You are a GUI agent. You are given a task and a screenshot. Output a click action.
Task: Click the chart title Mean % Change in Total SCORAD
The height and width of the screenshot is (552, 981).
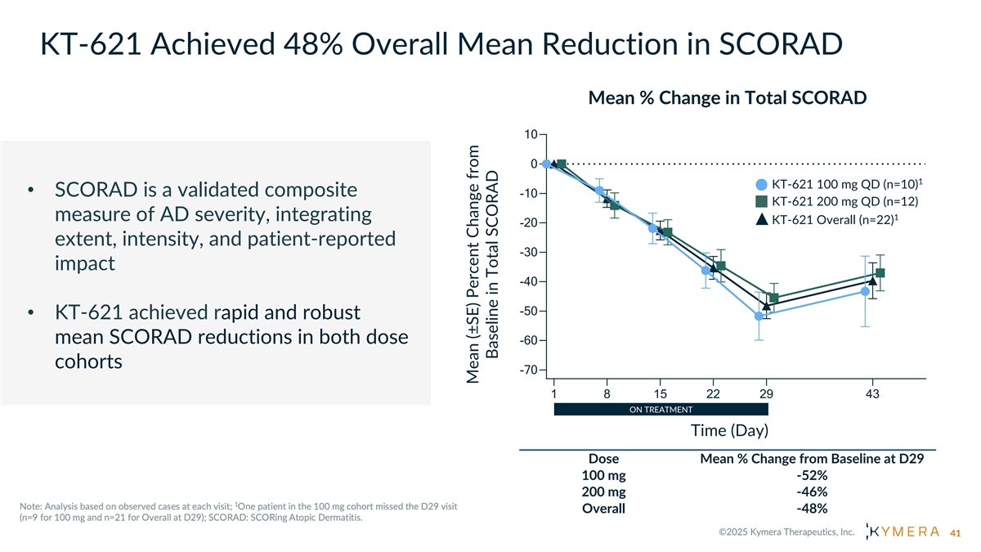pos(727,98)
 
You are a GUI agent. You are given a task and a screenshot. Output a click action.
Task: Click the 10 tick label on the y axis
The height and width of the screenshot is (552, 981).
pos(530,135)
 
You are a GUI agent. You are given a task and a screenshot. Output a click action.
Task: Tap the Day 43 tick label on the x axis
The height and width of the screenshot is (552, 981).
pos(872,393)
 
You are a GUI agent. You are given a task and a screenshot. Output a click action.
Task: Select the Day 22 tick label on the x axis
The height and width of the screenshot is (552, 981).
pos(713,393)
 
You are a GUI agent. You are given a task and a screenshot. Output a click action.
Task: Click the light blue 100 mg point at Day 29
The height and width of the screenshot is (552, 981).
pos(759,316)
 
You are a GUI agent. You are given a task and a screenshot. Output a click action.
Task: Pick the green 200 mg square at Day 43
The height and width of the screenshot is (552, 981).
pos(880,273)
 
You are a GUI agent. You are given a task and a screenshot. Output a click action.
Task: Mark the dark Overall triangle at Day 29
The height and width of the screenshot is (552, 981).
pos(766,306)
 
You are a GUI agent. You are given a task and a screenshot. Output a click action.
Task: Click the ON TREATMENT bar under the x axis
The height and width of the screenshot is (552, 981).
pos(661,410)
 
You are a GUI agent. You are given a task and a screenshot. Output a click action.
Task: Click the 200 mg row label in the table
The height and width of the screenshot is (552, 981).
pos(603,491)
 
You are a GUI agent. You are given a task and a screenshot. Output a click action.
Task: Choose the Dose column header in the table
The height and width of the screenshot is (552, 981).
pos(603,459)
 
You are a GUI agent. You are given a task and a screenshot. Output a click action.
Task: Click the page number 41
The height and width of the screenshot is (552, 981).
pos(958,534)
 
